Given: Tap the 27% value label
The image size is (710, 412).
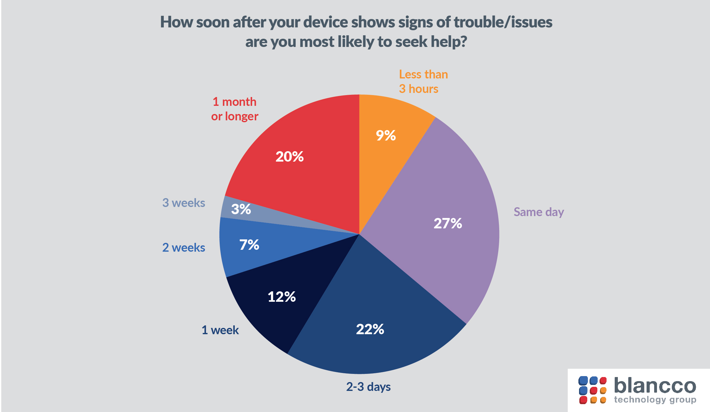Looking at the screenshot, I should [x=448, y=223].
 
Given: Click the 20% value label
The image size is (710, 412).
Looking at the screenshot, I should [x=289, y=157].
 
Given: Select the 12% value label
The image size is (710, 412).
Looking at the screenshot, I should [x=281, y=297].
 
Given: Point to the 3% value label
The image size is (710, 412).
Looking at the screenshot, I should [x=241, y=209].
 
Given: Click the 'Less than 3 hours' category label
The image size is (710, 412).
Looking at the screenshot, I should [x=423, y=82].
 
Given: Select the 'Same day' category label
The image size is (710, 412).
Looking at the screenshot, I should [x=539, y=212].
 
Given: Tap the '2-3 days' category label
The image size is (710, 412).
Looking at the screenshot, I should [x=368, y=387].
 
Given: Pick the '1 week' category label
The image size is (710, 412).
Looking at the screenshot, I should [x=220, y=330].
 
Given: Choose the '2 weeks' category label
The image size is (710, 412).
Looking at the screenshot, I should [x=184, y=248].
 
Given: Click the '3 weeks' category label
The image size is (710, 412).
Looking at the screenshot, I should [x=184, y=203].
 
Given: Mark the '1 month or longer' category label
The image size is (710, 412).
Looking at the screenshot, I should [x=234, y=109].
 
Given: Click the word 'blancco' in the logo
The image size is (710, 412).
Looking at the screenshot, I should [x=655, y=386].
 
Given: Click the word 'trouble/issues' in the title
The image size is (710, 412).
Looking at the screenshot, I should [x=503, y=22].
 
